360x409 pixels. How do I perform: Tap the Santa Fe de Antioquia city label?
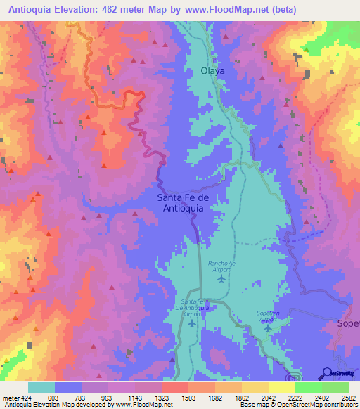click(x=183, y=202)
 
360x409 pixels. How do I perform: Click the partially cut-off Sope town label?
click(x=344, y=325)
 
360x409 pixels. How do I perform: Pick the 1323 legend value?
click(x=161, y=397)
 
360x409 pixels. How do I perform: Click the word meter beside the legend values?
click(x=11, y=397)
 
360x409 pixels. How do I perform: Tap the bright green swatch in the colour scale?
click(x=308, y=387)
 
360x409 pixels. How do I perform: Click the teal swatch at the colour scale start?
click(x=41, y=387)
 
